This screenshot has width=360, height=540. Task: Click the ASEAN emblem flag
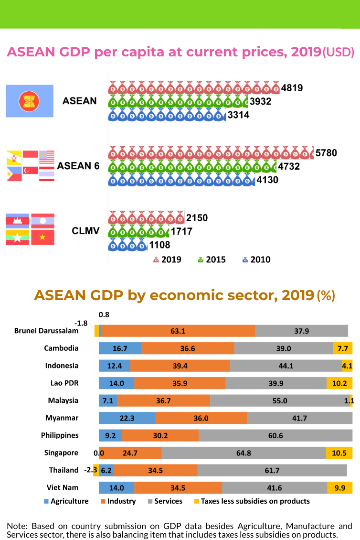tap(29, 101)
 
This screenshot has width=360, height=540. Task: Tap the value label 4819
tap(292, 88)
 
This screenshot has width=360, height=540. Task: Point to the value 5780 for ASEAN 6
tap(327, 153)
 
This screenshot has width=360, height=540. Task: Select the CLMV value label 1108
tap(160, 246)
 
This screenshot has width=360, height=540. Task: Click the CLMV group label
tap(85, 231)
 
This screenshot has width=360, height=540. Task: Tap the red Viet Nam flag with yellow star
tap(43, 238)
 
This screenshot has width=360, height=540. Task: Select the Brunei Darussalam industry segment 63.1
tap(178, 331)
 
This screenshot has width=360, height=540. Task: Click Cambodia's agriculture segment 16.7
tap(120, 348)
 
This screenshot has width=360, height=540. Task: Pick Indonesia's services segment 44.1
tap(286, 366)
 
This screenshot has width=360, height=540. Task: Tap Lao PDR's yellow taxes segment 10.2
tap(339, 383)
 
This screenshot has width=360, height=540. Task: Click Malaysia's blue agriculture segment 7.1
tap(108, 400)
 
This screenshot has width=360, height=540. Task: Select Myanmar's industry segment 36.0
tap(201, 418)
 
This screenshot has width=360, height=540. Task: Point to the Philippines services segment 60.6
tap(275, 435)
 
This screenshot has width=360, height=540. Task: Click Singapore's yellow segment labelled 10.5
tap(339, 453)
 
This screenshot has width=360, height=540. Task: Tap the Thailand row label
tap(64, 470)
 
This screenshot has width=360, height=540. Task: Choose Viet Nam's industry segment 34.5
tap(178, 488)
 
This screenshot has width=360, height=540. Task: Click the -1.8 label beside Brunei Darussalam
tap(81, 323)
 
